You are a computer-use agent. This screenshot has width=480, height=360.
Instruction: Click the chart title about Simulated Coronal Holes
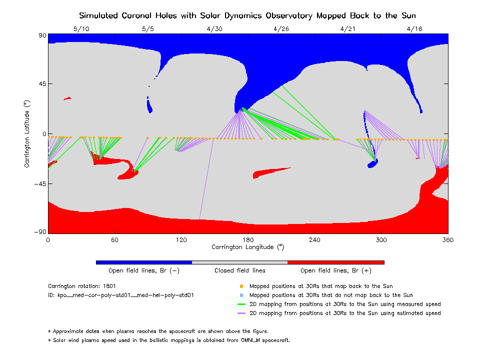[x=247, y=15]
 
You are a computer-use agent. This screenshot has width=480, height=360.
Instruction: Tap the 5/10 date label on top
[x=81, y=29]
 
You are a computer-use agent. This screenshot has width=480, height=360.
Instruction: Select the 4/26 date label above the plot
[x=281, y=29]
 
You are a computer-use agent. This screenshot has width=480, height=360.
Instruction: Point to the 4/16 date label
[x=414, y=29]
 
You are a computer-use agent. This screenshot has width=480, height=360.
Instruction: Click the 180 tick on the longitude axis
[x=248, y=239]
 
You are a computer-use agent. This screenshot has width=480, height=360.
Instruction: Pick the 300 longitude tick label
[x=381, y=239]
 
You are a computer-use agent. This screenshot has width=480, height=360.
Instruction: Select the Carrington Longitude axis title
[x=247, y=246]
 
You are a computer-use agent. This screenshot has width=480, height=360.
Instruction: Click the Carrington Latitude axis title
[x=26, y=133]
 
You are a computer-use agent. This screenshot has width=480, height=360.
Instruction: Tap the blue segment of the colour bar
[x=143, y=262]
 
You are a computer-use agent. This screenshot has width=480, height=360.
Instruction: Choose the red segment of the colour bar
[x=335, y=262]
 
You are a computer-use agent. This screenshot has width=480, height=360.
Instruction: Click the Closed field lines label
[x=239, y=270]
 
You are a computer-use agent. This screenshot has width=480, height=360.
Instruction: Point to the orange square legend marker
[x=241, y=286]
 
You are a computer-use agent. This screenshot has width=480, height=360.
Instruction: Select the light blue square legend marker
[x=241, y=295]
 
